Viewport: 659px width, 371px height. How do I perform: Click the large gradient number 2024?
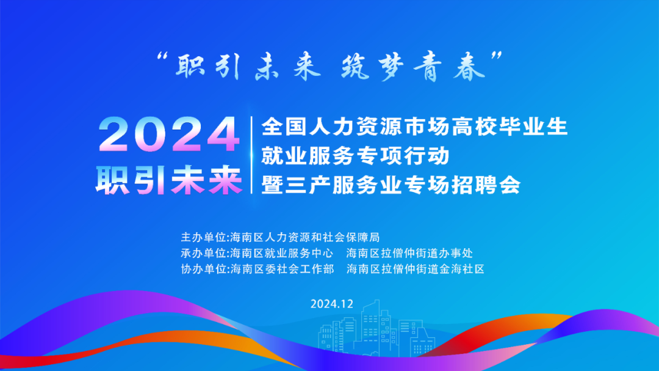click(x=168, y=134)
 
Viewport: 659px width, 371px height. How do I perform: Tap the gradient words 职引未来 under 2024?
click(x=168, y=179)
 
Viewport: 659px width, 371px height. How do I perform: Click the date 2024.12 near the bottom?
click(x=332, y=304)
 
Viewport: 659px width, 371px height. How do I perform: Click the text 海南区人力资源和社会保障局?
click(x=304, y=237)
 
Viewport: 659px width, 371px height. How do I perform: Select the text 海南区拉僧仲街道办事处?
click(x=409, y=252)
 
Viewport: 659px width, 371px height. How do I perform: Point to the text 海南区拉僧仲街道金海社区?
click(x=415, y=268)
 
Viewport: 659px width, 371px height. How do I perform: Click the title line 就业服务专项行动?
click(x=355, y=156)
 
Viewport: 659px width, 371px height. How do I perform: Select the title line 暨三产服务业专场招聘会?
click(x=391, y=185)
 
